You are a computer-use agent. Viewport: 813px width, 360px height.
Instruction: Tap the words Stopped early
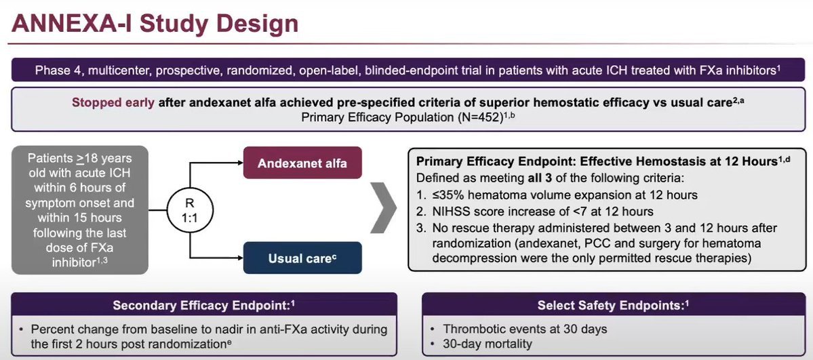(113, 104)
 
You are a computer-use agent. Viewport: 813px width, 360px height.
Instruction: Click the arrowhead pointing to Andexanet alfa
(238, 163)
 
